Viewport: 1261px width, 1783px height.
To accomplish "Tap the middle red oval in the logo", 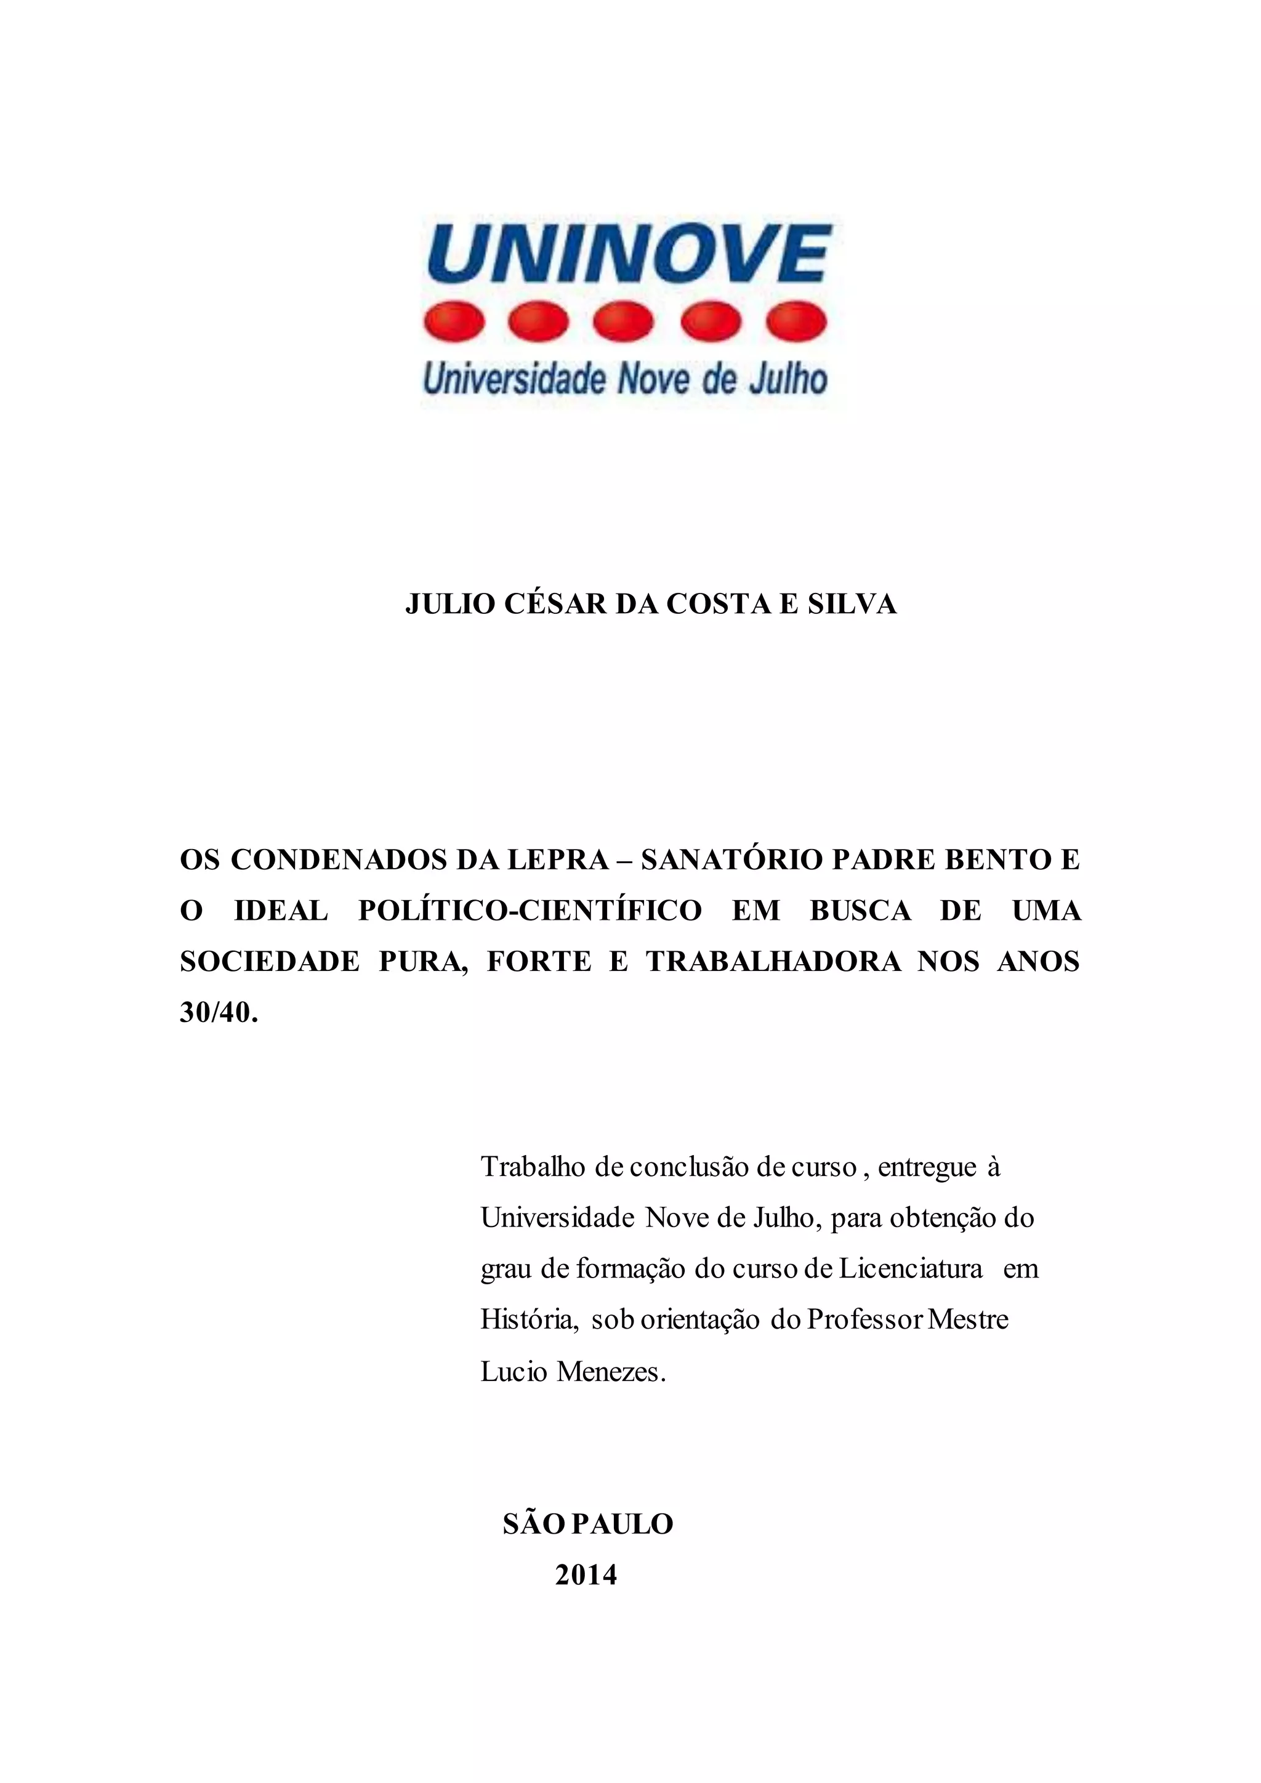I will [x=625, y=321].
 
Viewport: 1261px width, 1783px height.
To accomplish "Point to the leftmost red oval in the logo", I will [x=454, y=321].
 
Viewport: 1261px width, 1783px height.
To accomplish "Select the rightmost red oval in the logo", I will [x=796, y=321].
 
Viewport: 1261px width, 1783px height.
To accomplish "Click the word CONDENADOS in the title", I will [x=339, y=859].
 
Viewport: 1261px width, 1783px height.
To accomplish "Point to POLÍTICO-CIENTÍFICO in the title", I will [x=530, y=910].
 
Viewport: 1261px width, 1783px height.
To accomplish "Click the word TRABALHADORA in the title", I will [x=773, y=962].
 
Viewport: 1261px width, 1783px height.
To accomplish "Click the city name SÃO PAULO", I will [x=588, y=1524].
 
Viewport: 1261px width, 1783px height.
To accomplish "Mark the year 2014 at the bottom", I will [x=586, y=1575].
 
